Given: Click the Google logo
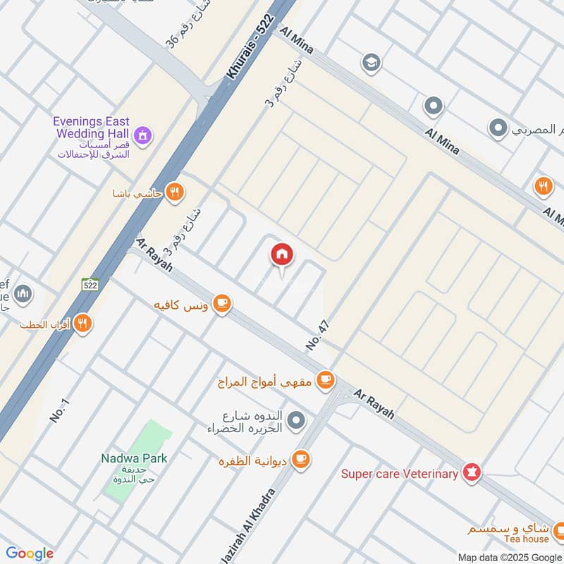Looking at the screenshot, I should tap(29, 553).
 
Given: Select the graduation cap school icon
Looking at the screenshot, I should tap(370, 63).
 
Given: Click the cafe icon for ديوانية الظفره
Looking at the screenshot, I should tap(301, 460).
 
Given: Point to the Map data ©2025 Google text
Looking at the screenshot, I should tap(510, 556).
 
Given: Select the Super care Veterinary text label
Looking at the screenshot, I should tap(399, 474).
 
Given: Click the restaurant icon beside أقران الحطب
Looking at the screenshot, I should tap(83, 323).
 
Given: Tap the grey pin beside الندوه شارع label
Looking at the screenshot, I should tap(297, 422).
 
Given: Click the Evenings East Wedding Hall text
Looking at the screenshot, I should tap(92, 127).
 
